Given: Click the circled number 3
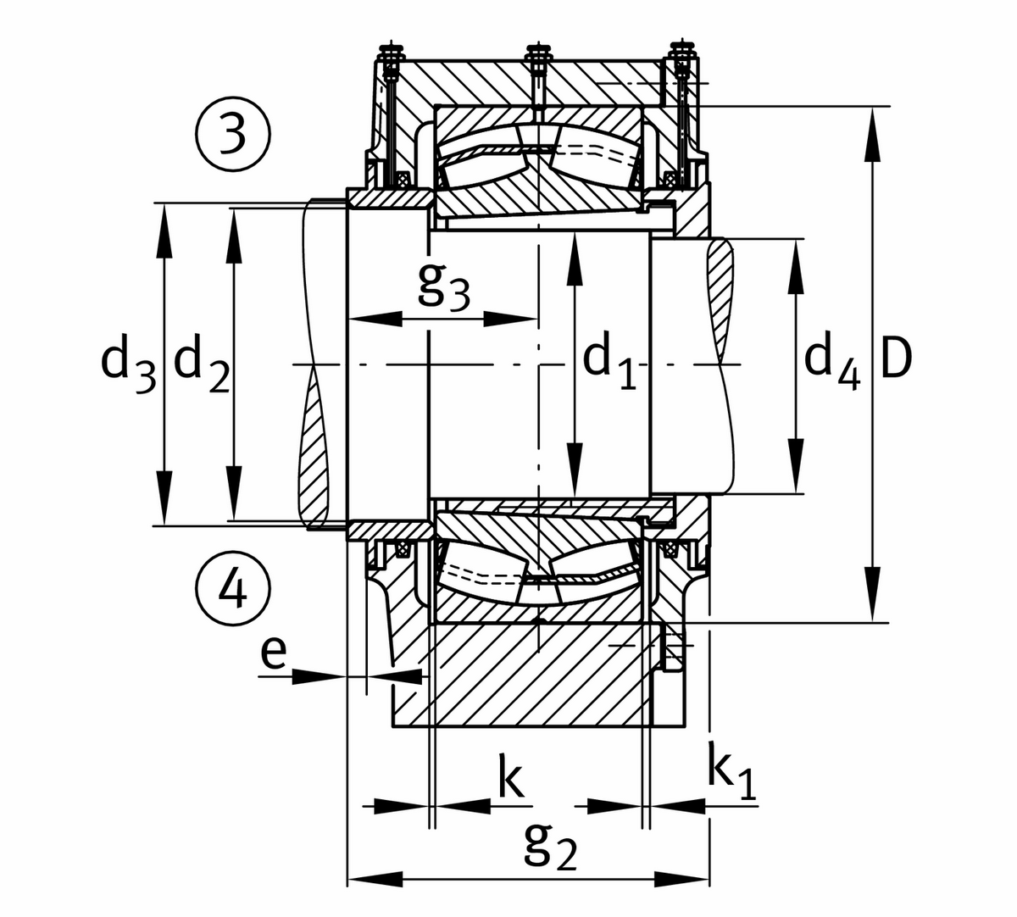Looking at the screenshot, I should pos(233,136).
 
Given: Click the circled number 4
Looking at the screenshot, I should pos(233,587).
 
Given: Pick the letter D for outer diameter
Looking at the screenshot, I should pos(896,359).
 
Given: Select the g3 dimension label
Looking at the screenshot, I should pos(443,288).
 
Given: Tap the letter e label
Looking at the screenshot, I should pos(273,654).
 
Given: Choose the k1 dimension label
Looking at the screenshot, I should pos(731,776).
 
